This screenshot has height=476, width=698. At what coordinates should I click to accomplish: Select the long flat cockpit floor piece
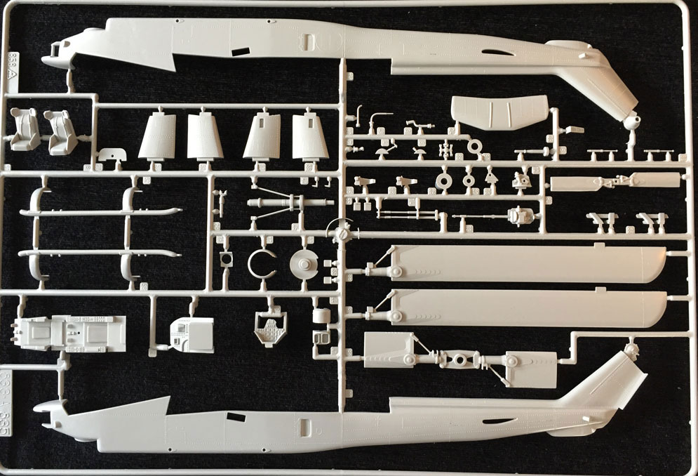pyautogui.click(x=69, y=333)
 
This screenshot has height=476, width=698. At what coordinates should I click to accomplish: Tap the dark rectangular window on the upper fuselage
pyautogui.click(x=240, y=51)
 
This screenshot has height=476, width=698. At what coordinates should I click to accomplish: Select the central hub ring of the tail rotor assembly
pyautogui.click(x=461, y=360)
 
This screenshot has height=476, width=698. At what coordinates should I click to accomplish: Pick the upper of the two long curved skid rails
pyautogui.click(x=98, y=212)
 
